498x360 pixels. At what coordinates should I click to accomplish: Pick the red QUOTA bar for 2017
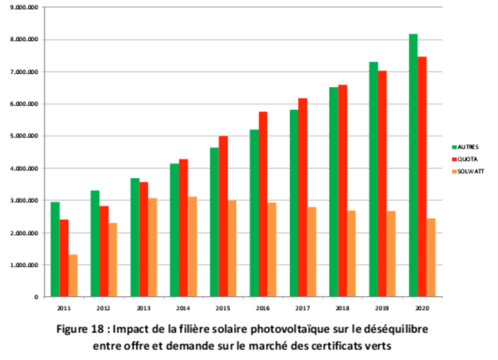tap(303, 198)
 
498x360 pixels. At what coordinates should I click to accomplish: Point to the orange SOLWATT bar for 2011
tap(73, 276)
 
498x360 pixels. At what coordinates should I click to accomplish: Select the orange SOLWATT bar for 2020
tap(431, 258)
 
